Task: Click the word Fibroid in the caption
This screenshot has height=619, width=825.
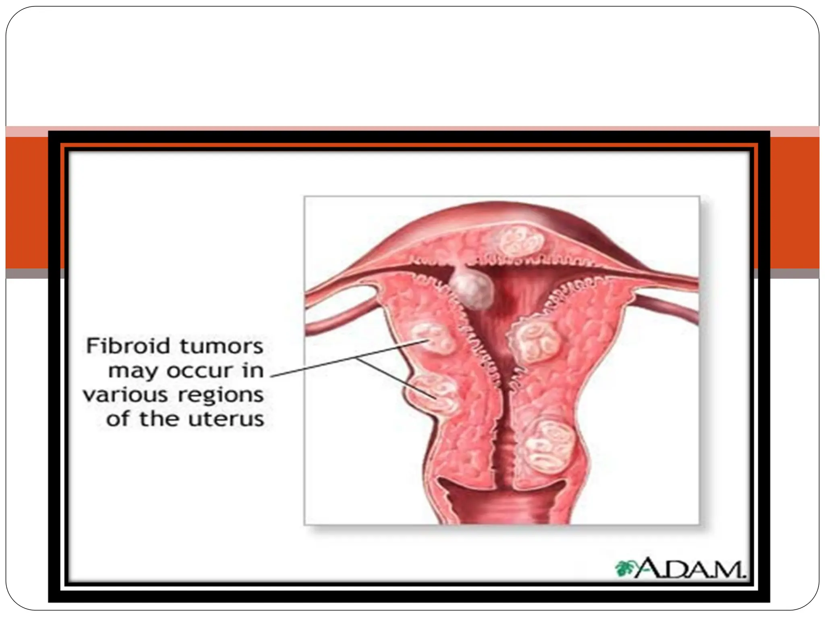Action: pyautogui.click(x=128, y=346)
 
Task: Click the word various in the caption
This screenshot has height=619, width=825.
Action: pyautogui.click(x=125, y=395)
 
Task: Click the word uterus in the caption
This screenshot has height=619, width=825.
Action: pyautogui.click(x=226, y=420)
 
